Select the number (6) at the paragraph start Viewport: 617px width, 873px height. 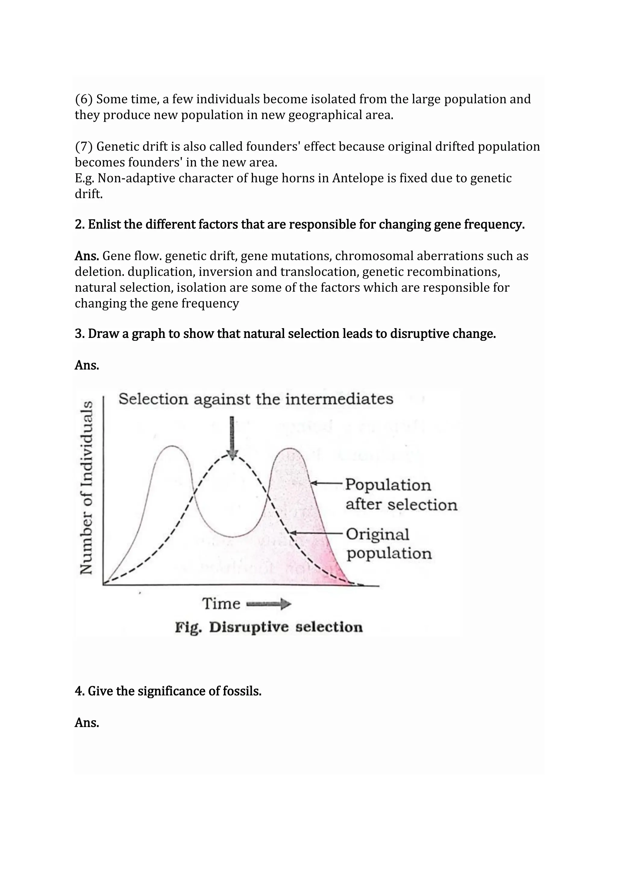(x=83, y=99)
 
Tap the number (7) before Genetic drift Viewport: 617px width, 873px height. (x=83, y=147)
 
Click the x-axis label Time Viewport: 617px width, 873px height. (x=221, y=604)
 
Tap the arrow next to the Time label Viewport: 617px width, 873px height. (x=269, y=604)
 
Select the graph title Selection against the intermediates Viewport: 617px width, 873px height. (x=256, y=399)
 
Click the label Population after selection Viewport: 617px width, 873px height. (x=400, y=495)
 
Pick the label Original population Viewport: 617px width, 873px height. (x=388, y=544)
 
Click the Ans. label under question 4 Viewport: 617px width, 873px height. (x=87, y=723)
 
